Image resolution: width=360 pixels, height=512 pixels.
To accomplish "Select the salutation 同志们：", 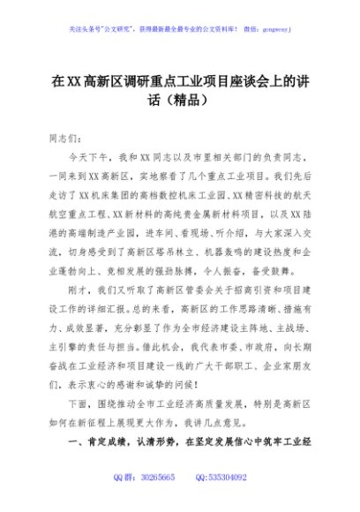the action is click(x=64, y=139).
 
